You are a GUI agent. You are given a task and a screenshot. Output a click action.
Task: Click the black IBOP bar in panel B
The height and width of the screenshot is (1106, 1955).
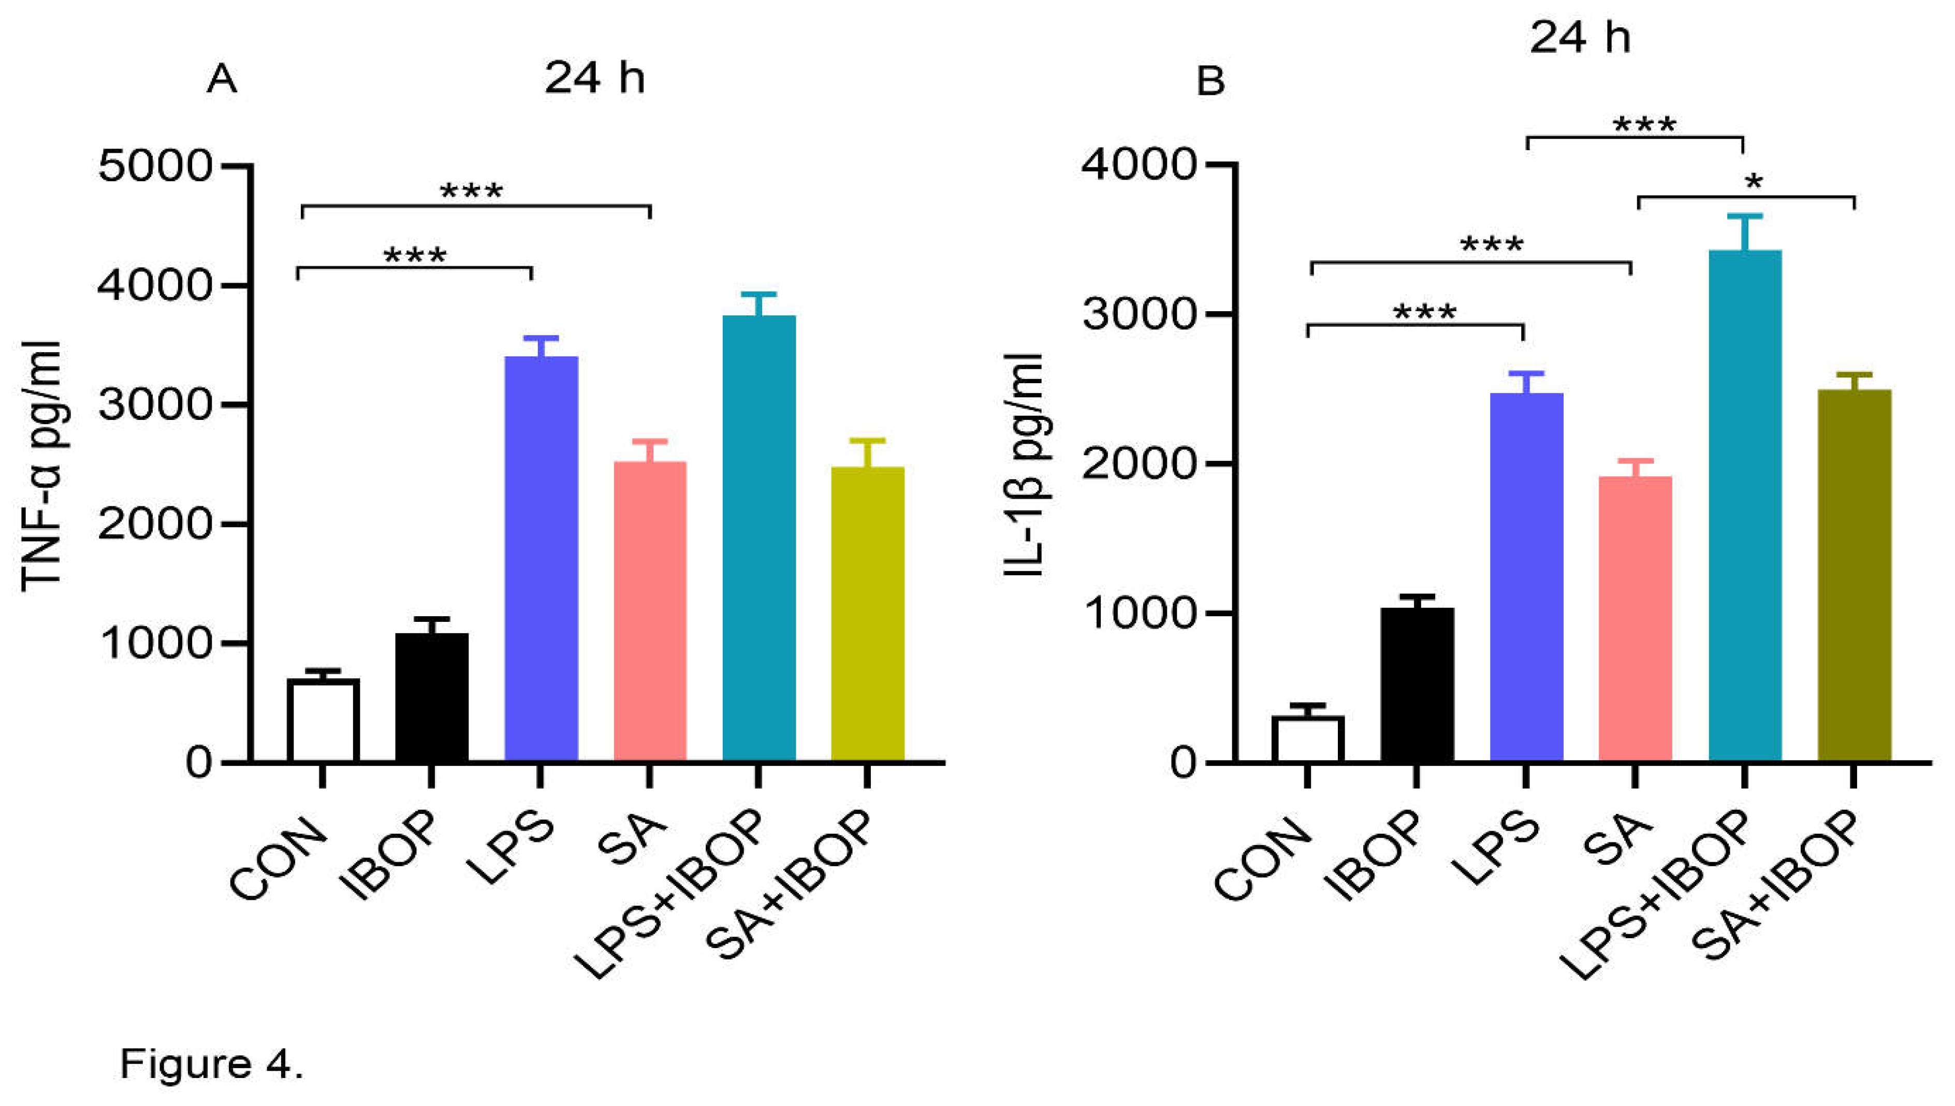click(1417, 683)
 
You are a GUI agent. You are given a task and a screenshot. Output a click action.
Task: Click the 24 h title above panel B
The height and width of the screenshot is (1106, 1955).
click(1580, 36)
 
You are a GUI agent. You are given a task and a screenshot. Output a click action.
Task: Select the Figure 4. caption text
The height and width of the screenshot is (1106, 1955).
click(212, 1064)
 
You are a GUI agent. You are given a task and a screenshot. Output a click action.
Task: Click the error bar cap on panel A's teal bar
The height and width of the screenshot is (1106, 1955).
click(758, 294)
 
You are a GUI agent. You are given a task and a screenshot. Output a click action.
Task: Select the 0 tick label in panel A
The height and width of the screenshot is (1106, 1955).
click(199, 762)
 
